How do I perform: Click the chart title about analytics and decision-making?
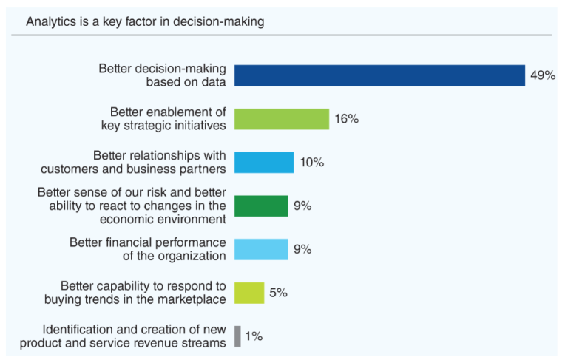tap(145, 21)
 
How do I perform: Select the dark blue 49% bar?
tap(379, 75)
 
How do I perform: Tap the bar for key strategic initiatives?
tap(282, 119)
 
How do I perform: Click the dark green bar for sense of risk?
tap(261, 206)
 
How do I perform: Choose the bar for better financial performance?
tap(261, 249)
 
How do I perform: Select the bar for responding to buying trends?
tap(249, 293)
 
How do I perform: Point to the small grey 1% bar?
tap(237, 336)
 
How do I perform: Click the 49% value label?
tap(542, 75)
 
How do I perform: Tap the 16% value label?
tap(346, 119)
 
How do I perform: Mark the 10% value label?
tap(311, 163)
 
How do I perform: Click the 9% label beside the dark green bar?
tap(302, 206)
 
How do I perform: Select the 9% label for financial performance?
tap(302, 249)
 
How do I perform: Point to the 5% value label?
tap(278, 293)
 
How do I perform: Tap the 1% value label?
tap(254, 336)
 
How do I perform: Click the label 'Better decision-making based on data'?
tap(163, 75)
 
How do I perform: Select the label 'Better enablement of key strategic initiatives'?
tap(163, 119)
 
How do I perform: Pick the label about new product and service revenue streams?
tap(123, 336)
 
